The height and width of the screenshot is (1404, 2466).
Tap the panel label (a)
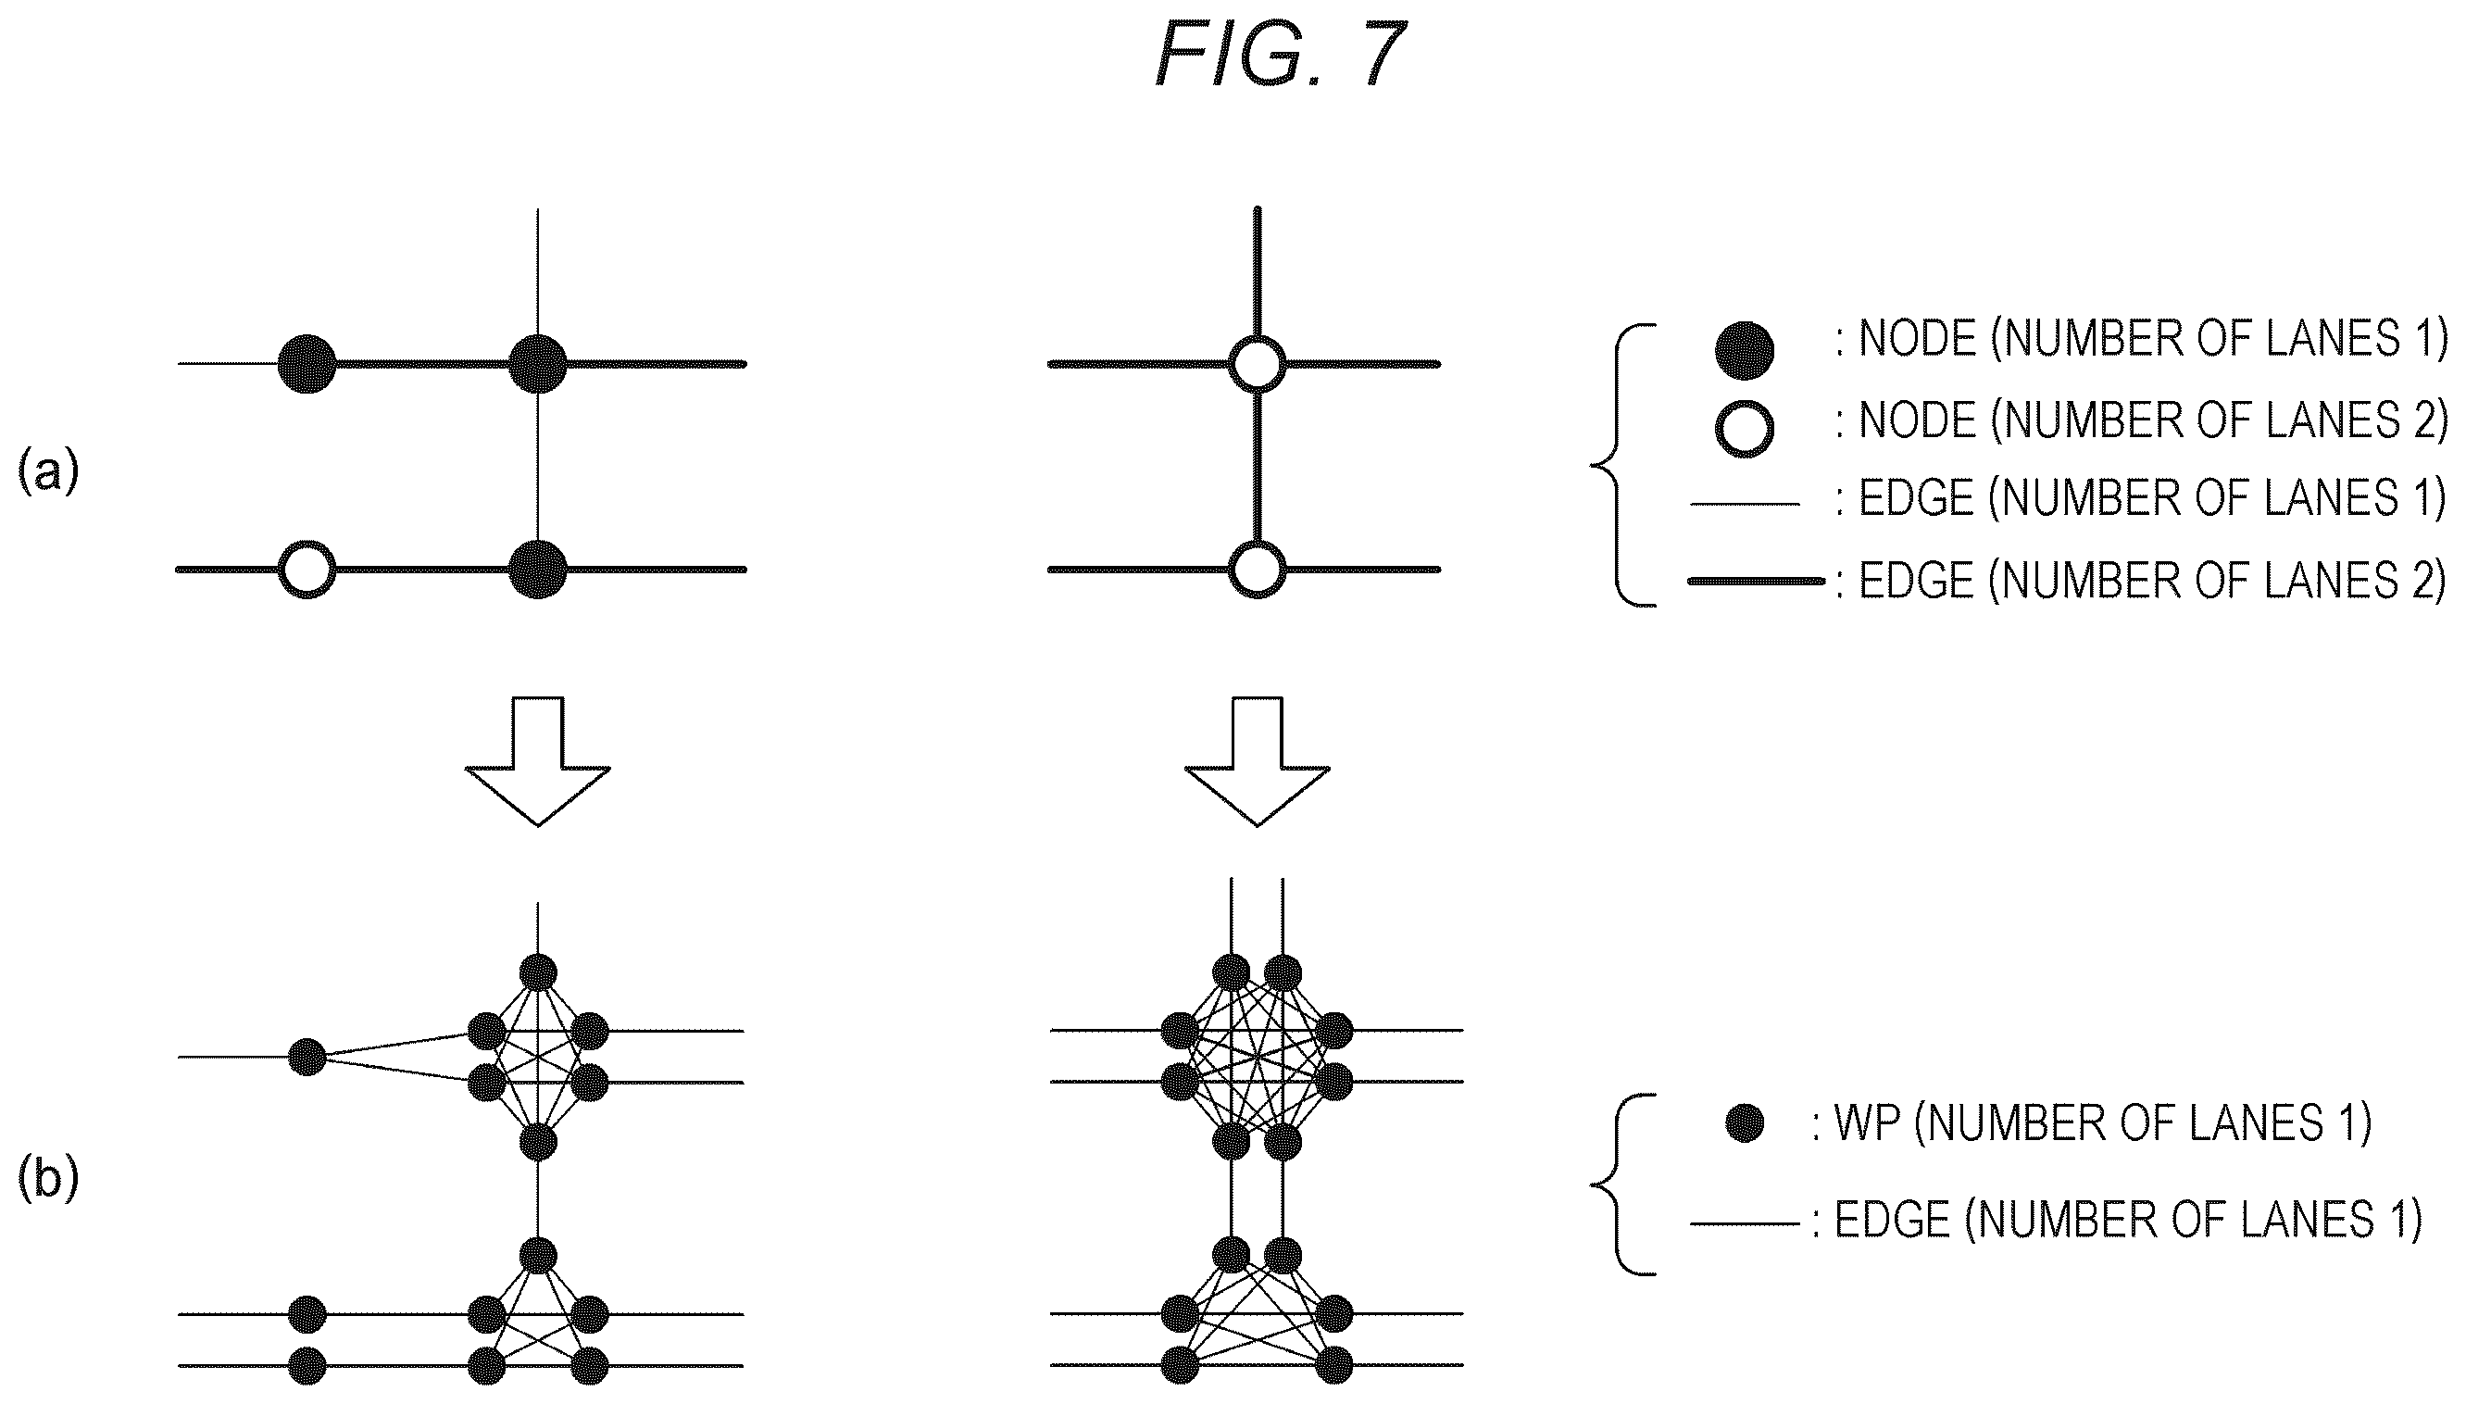click(x=48, y=472)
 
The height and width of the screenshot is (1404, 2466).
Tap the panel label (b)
click(x=48, y=1179)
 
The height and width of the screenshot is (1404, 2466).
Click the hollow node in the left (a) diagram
click(x=307, y=569)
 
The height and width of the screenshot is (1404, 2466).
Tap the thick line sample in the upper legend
click(x=1756, y=581)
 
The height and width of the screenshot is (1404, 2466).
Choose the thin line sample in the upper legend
click(x=1745, y=504)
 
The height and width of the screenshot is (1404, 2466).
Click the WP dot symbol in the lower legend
click(x=1745, y=1122)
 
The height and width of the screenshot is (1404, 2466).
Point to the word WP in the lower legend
click(x=1866, y=1123)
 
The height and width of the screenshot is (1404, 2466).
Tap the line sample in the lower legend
click(x=1745, y=1223)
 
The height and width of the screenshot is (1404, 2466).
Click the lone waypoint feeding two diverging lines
click(x=307, y=1057)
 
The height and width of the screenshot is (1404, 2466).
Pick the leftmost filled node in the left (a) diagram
click(x=307, y=364)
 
